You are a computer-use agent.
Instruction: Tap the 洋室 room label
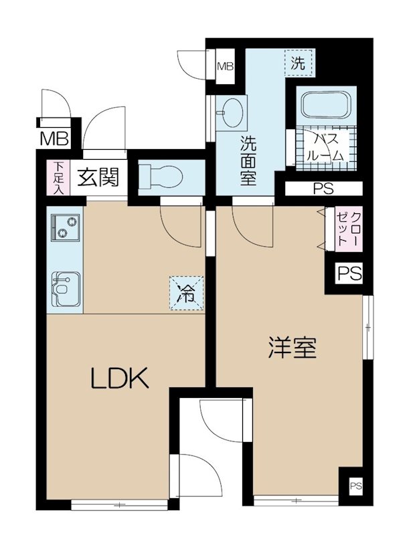[292, 347]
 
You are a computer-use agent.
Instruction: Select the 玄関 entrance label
[98, 177]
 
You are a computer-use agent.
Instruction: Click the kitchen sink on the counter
[64, 288]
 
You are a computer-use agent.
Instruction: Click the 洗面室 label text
[248, 160]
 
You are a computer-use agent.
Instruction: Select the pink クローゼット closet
[348, 229]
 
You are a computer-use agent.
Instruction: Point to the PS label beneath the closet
[348, 274]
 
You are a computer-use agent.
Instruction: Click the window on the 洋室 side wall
[367, 327]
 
